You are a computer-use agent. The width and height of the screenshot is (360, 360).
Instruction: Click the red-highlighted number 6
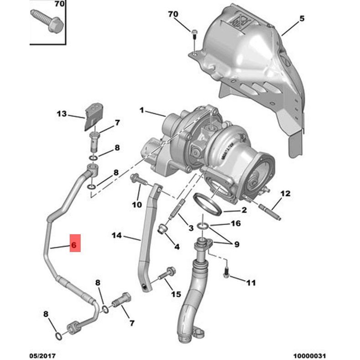pyautogui.click(x=74, y=244)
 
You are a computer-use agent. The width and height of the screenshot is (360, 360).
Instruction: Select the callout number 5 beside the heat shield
pyautogui.click(x=301, y=19)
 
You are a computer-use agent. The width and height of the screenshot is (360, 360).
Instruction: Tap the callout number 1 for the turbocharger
pyautogui.click(x=142, y=110)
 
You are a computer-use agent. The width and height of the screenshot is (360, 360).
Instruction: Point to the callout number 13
pyautogui.click(x=61, y=114)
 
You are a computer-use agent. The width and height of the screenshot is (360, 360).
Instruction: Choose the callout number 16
pyautogui.click(x=235, y=224)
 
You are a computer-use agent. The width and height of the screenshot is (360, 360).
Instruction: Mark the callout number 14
pyautogui.click(x=117, y=235)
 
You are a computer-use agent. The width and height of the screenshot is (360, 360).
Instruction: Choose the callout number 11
pyautogui.click(x=251, y=283)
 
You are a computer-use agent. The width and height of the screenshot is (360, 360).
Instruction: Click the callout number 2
pyautogui.click(x=244, y=210)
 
